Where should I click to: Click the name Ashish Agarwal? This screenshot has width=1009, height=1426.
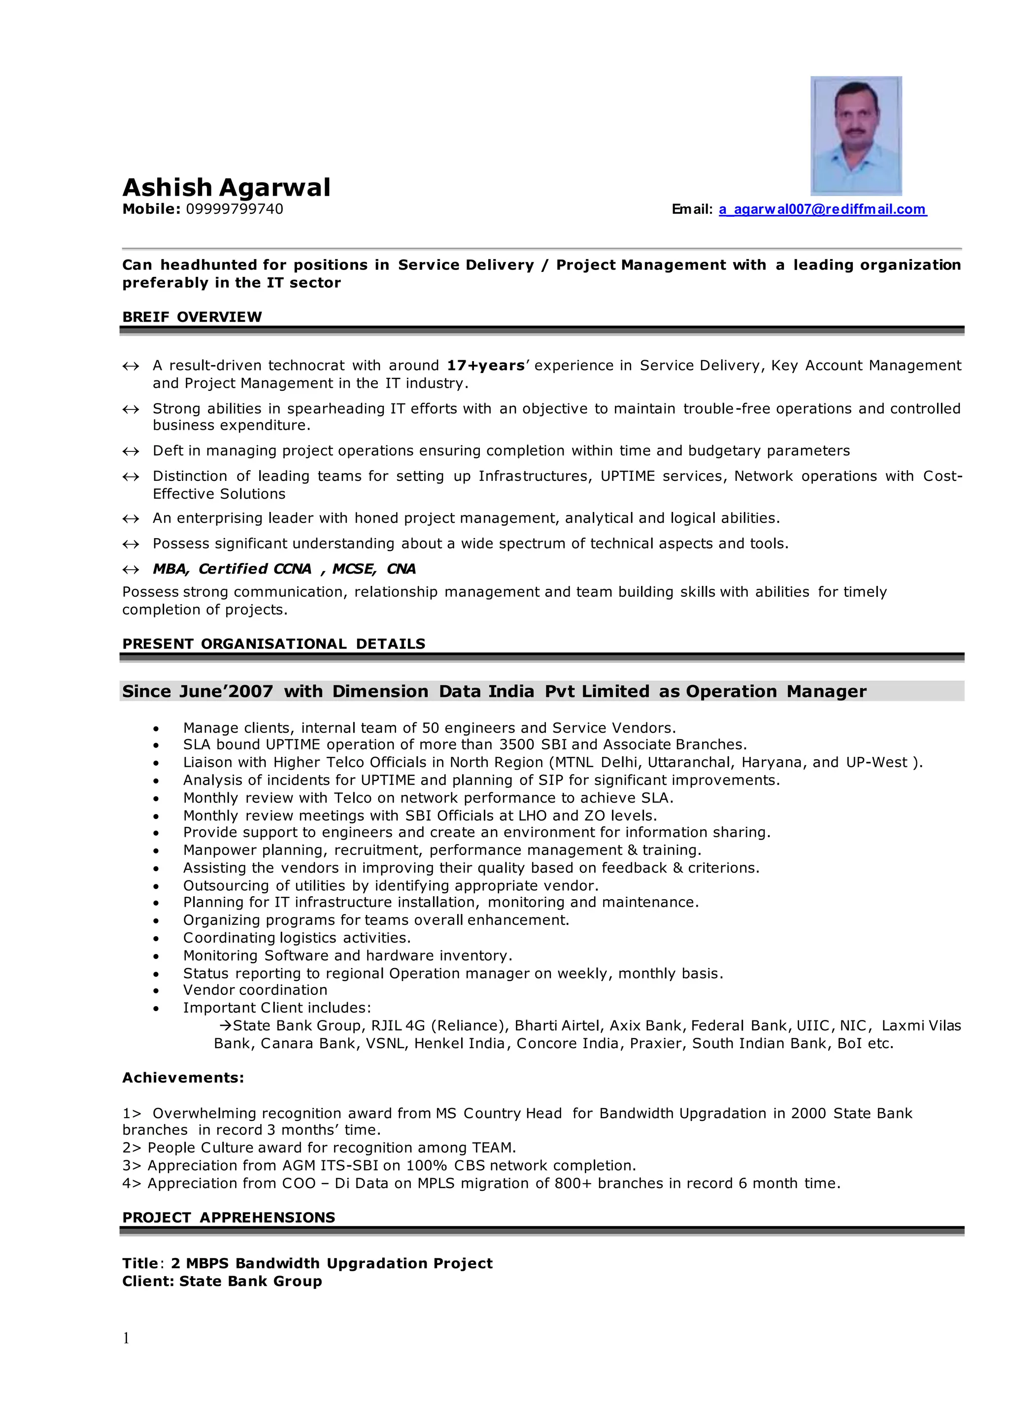(226, 187)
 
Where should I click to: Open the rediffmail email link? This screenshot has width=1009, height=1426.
(823, 209)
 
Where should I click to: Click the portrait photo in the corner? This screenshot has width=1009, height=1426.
(856, 136)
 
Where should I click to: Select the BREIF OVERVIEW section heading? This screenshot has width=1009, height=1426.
(192, 317)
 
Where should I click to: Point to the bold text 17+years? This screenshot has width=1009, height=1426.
(486, 365)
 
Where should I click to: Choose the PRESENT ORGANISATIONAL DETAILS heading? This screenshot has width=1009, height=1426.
(273, 644)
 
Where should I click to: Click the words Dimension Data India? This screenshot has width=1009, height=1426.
(433, 691)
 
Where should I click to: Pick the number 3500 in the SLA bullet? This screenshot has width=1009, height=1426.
(517, 745)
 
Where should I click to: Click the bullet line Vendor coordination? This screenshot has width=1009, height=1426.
(255, 990)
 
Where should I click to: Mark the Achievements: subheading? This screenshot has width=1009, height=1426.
(183, 1078)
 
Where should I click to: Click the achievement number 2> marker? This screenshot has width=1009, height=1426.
(132, 1148)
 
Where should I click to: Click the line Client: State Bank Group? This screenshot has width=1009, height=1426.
(222, 1281)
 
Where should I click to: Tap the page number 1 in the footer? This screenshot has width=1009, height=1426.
(126, 1338)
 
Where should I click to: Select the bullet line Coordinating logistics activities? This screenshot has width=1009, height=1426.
(297, 938)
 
